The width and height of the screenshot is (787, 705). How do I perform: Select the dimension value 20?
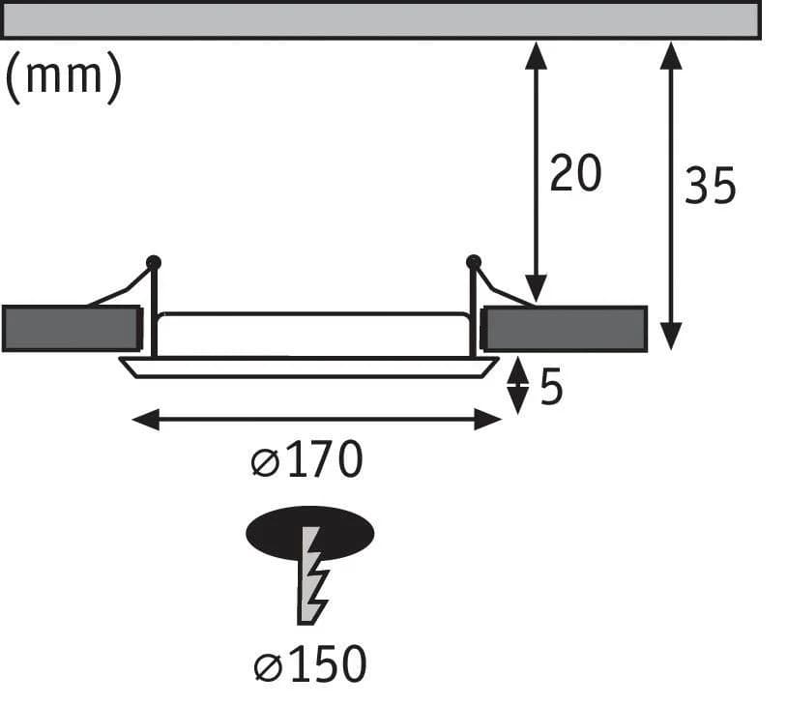click(575, 173)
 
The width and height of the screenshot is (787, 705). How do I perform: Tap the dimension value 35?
click(711, 186)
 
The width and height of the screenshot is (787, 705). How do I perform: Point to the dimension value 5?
click(551, 387)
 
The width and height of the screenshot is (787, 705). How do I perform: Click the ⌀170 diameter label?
click(306, 459)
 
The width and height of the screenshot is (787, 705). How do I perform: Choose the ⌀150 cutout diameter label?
click(309, 663)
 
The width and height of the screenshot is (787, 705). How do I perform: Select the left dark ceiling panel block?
click(72, 329)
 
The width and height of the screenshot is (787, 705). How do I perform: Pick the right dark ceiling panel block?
click(564, 329)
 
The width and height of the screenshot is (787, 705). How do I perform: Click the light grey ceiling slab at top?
click(382, 19)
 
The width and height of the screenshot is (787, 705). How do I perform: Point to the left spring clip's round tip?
click(153, 263)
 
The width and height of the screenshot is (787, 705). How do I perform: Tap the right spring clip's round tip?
click(474, 262)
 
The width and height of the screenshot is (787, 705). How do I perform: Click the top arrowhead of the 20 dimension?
click(536, 55)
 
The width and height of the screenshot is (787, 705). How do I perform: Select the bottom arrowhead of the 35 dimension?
click(671, 337)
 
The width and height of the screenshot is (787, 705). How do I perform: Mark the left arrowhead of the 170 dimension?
click(146, 420)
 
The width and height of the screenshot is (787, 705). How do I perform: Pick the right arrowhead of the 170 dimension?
click(488, 420)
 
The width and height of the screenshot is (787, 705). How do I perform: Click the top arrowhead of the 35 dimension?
click(671, 55)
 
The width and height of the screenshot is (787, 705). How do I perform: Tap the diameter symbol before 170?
click(265, 462)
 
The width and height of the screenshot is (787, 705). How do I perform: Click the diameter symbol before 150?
click(268, 667)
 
